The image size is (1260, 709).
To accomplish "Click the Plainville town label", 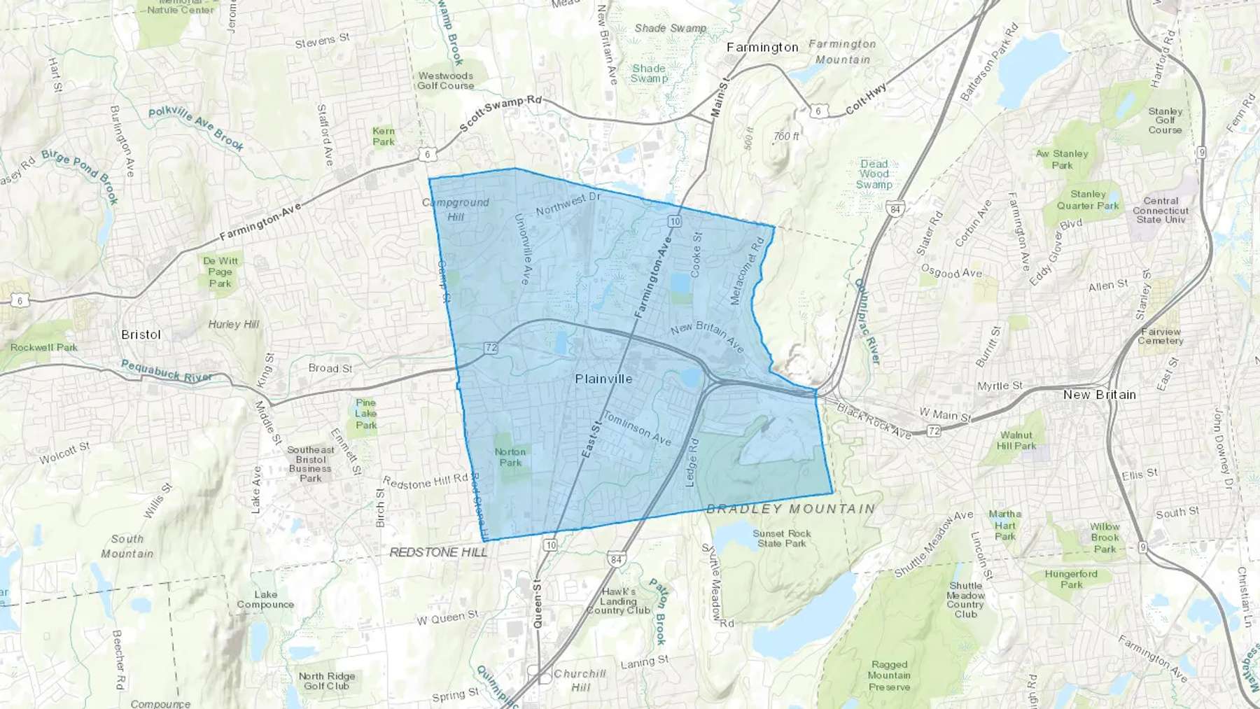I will (x=603, y=379).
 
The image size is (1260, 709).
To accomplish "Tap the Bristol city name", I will (x=141, y=335).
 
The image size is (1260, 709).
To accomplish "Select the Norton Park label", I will (x=510, y=457).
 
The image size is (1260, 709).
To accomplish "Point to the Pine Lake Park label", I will (x=365, y=414).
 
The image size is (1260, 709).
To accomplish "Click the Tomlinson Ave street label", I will (x=637, y=428).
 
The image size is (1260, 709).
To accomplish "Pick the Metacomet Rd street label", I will (x=747, y=272).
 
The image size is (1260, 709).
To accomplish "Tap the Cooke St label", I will (x=696, y=255).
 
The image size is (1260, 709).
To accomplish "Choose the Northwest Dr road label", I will (x=568, y=204).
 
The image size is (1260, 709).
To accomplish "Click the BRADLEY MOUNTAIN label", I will (x=790, y=509).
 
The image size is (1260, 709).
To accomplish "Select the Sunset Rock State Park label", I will (x=782, y=538).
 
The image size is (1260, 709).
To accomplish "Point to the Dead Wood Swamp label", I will (x=874, y=174).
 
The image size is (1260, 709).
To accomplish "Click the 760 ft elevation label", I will (x=786, y=136).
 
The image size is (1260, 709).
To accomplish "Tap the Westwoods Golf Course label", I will (x=446, y=80).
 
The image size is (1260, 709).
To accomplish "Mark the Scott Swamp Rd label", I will (x=500, y=113).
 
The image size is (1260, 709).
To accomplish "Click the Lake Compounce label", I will (x=265, y=599).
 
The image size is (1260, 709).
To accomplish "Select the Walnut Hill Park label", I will (x=1016, y=440).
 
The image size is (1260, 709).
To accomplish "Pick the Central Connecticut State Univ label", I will (x=1161, y=210).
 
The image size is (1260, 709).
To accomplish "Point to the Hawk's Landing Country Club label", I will (x=618, y=601).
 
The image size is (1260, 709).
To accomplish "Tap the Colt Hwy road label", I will (x=866, y=99).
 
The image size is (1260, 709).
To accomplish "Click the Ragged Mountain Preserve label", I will (x=889, y=675).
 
